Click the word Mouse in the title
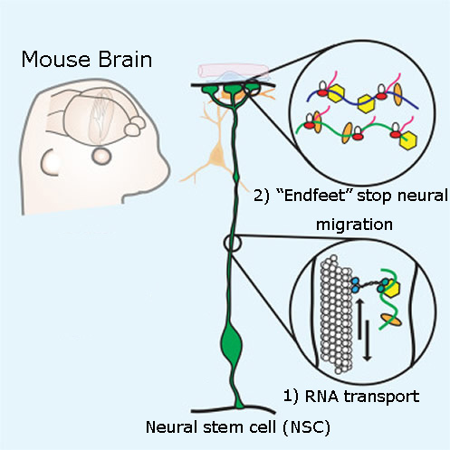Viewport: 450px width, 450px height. coord(56,59)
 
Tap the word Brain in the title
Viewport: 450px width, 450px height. coord(125,59)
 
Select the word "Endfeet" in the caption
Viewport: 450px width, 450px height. coord(315,196)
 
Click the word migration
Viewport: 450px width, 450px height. coord(354,225)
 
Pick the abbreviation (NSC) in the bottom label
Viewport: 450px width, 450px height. coord(307,427)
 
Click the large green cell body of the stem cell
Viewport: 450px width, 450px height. coord(232,344)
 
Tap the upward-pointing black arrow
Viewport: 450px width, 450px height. coord(359,319)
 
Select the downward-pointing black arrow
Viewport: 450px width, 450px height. coord(368,341)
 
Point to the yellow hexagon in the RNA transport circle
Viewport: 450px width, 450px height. coord(392,288)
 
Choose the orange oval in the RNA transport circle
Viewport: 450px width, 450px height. coord(391,320)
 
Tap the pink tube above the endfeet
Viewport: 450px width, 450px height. coord(233,70)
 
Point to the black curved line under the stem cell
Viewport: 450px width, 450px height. coord(234,410)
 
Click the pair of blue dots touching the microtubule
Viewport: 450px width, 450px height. coord(355,285)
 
